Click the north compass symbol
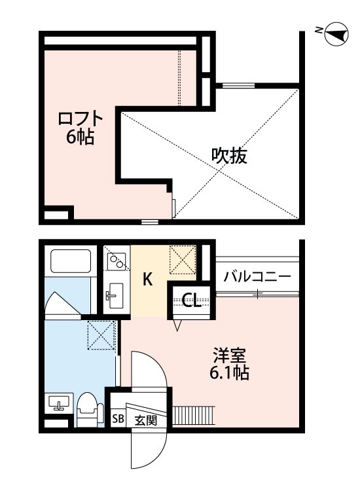pyautogui.click(x=336, y=32)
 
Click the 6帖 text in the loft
pyautogui.click(x=79, y=137)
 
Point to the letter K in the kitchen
pyautogui.click(x=148, y=280)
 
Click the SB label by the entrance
pyautogui.click(x=118, y=420)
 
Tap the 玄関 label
pyautogui.click(x=146, y=420)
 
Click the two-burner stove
pyautogui.click(x=117, y=262)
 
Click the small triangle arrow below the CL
pyautogui.click(x=177, y=323)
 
